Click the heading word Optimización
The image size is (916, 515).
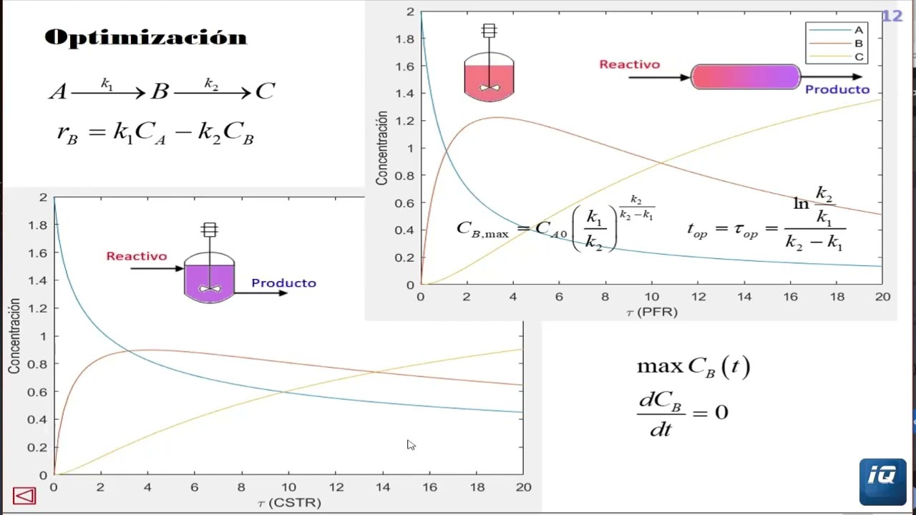(145, 37)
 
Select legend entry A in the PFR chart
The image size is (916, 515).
(858, 30)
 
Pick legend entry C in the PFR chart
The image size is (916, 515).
(859, 57)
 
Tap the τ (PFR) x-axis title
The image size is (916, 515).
(651, 312)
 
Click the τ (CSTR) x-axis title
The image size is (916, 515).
(288, 502)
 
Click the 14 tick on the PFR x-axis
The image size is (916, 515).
(744, 297)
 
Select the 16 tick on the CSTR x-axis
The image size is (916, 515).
(429, 487)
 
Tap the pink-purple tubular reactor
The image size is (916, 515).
(746, 77)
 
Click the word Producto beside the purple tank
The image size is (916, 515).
(283, 283)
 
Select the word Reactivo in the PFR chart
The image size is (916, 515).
(630, 64)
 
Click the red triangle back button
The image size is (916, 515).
(24, 496)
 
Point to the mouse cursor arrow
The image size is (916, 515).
(411, 445)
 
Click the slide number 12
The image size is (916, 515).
(892, 16)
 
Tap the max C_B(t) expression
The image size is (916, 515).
(693, 367)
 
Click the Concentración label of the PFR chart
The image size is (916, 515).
(382, 148)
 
